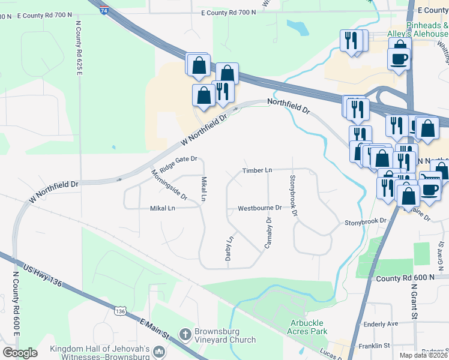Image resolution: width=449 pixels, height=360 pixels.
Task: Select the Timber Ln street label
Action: pyautogui.click(x=257, y=170)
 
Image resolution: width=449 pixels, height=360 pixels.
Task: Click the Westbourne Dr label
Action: pyautogui.click(x=259, y=208)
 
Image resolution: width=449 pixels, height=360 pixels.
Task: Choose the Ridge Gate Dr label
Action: pyautogui.click(x=178, y=161)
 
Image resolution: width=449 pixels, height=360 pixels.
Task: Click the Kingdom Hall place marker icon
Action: pyautogui.click(x=159, y=351)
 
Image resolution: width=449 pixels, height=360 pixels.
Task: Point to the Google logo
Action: pyautogui.click(x=20, y=353)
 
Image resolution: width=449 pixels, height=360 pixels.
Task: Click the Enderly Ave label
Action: pyautogui.click(x=381, y=324)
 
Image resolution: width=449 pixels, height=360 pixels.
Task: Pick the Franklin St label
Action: pyautogui.click(x=375, y=346)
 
